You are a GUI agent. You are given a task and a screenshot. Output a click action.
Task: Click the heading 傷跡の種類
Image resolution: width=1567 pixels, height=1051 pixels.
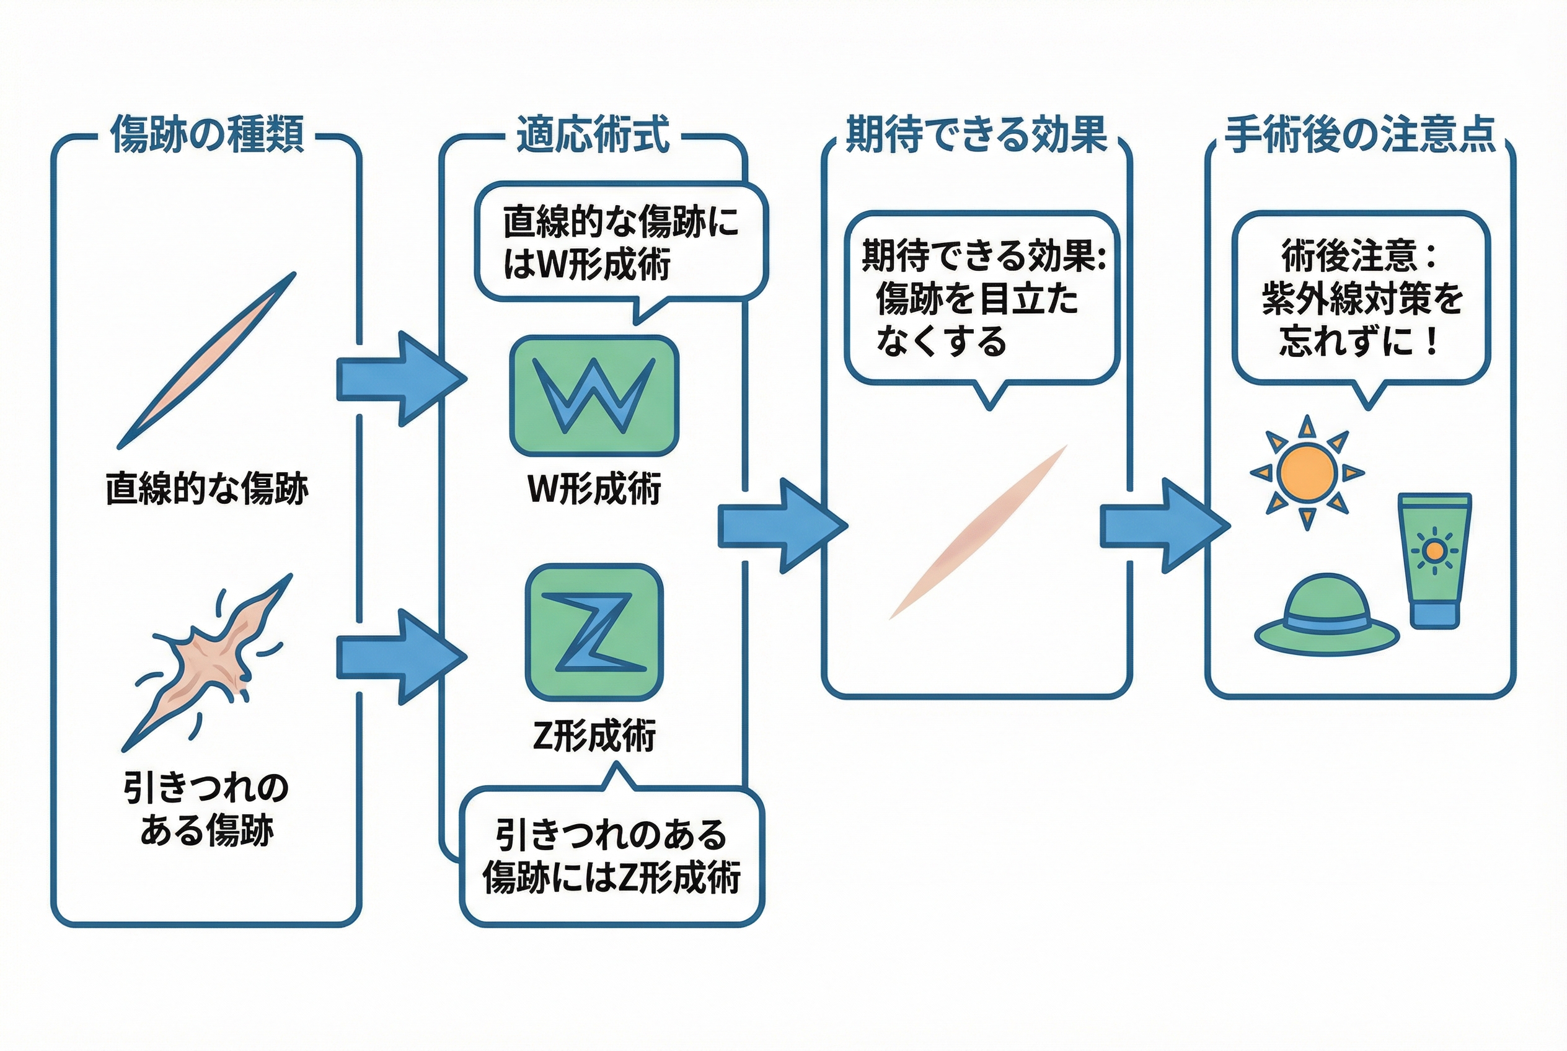[x=207, y=134]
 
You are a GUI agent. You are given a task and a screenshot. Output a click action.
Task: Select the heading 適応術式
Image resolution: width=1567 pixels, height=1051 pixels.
[x=593, y=134]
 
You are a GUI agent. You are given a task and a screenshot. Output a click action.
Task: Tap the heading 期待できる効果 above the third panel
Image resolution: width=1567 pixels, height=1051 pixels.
[x=976, y=134]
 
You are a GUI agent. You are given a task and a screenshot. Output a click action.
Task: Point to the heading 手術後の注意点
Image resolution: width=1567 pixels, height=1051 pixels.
[x=1361, y=134]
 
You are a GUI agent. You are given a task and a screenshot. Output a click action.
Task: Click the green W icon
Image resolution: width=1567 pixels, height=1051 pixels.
[x=594, y=395]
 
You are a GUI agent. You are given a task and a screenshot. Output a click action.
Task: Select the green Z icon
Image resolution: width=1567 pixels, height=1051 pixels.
[x=594, y=633]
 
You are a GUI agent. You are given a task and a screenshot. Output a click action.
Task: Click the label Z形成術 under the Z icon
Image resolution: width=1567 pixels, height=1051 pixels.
[x=594, y=736]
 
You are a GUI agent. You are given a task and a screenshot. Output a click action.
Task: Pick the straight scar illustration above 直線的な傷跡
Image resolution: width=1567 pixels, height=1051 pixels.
[x=206, y=361]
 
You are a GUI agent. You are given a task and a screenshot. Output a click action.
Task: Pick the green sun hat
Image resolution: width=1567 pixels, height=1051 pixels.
[x=1326, y=615]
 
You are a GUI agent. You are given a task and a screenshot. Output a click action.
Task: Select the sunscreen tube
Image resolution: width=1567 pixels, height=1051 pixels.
[x=1434, y=560]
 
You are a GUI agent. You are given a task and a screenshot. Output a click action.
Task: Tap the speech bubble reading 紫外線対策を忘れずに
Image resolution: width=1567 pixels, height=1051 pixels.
[x=1361, y=297]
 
